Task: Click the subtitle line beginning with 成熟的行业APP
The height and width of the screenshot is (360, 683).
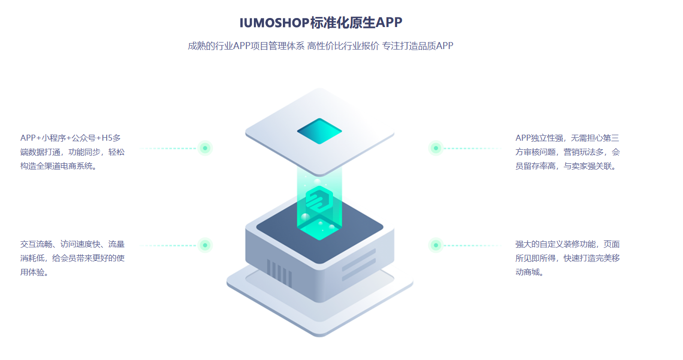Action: click(x=320, y=46)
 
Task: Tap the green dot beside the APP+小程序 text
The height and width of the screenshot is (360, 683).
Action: click(x=205, y=148)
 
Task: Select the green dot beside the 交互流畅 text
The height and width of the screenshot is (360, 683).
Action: click(x=205, y=245)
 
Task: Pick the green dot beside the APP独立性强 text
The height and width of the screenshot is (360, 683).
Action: click(x=436, y=148)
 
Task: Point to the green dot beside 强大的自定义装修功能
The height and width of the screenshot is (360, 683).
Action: click(x=436, y=245)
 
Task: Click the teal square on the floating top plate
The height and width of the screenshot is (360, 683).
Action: click(x=319, y=131)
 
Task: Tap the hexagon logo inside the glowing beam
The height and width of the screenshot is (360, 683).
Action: click(x=319, y=199)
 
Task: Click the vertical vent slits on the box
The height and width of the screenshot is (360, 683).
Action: click(x=279, y=273)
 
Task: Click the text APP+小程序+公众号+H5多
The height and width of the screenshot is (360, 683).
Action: click(x=70, y=138)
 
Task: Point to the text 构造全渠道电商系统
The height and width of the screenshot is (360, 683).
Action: click(x=59, y=166)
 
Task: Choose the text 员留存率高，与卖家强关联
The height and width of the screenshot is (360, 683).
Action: click(x=568, y=166)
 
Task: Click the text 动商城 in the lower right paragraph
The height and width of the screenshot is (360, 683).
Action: click(x=529, y=273)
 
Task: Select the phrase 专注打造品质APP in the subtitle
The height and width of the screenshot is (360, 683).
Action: click(x=418, y=46)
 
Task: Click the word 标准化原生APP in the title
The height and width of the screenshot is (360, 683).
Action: click(x=356, y=23)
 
